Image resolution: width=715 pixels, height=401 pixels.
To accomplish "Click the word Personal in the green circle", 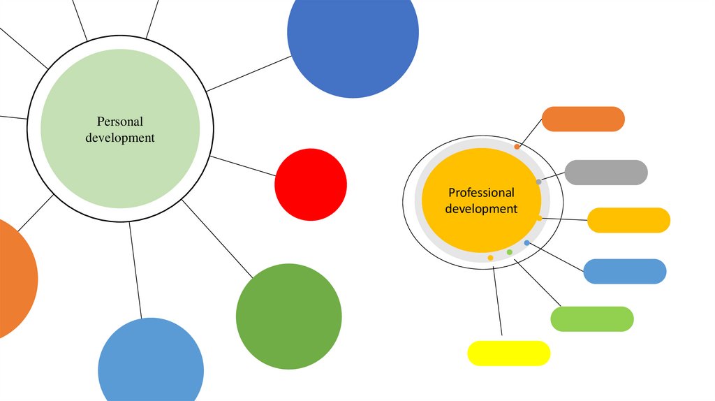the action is [120, 122].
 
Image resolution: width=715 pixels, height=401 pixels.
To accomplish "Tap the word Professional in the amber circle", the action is [481, 192].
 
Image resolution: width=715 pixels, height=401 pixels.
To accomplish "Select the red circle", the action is [311, 184].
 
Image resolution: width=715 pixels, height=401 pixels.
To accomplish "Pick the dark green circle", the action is [288, 316].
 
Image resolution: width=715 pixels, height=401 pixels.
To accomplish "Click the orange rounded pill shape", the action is [583, 119].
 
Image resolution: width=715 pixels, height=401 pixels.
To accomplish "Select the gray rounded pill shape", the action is [605, 172].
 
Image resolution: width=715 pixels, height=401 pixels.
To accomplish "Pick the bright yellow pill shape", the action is [508, 353].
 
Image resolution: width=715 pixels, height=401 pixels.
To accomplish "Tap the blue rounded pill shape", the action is [624, 271].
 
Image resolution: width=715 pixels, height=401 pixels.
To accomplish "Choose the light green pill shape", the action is [591, 319].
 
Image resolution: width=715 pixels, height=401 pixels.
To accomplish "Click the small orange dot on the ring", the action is [517, 147].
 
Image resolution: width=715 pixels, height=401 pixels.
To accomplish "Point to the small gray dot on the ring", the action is [538, 182].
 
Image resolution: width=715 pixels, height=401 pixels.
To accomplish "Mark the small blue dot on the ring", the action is [526, 242].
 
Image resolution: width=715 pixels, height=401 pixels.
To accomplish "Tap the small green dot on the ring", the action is [510, 251].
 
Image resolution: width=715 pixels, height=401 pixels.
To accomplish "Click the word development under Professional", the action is [481, 208].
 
